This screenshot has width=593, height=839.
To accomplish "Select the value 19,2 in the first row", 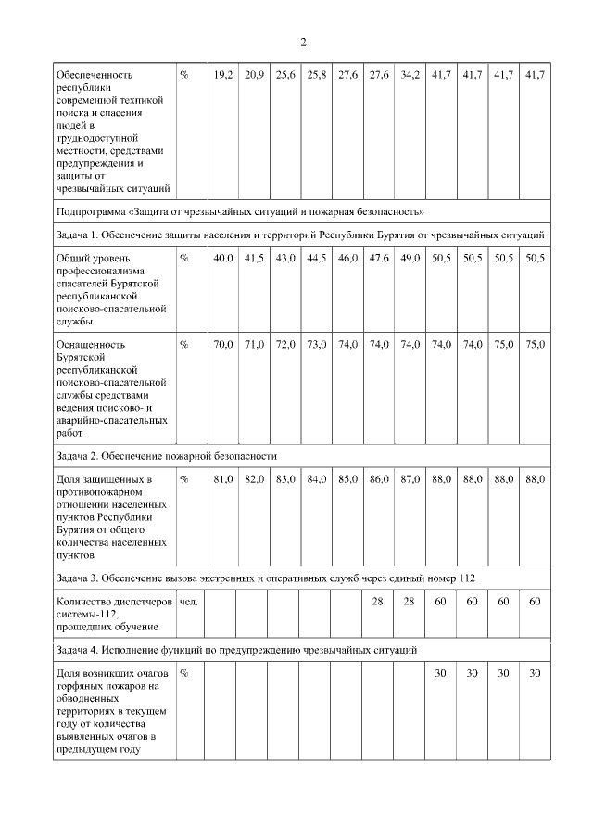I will coord(222,73).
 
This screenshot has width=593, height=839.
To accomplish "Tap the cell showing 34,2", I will coord(409,73).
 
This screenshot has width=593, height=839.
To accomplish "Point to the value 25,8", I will coord(317,73).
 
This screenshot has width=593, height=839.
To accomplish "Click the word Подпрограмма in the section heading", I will coord(89,211).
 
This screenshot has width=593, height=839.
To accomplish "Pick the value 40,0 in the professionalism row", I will coord(222,258).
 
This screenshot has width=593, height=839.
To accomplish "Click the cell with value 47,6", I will coord(378,258).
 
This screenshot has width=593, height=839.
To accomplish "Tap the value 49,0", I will coord(409,258).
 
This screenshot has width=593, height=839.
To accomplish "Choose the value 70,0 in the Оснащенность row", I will coord(222,345).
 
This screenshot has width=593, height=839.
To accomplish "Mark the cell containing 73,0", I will coord(317,345).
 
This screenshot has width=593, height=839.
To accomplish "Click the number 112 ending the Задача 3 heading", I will coord(466,578).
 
